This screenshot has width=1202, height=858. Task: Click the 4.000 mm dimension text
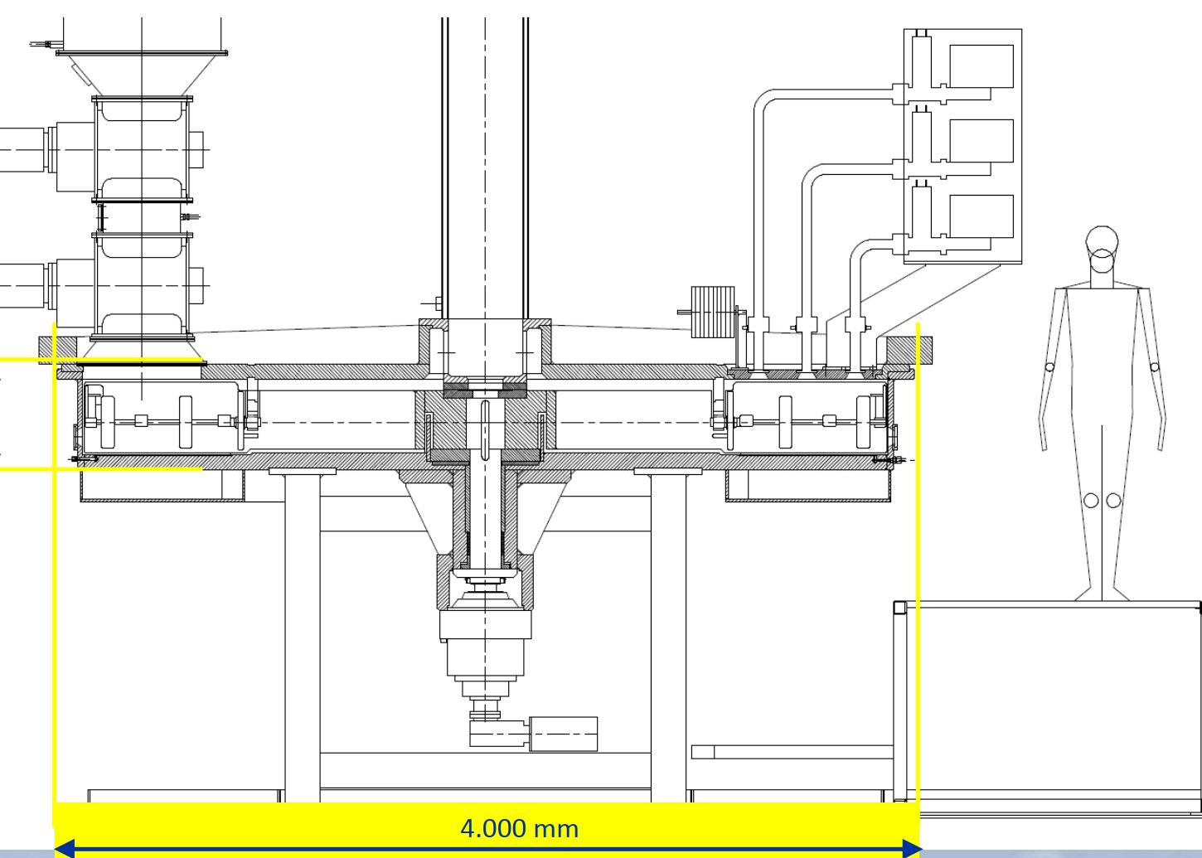tap(519, 828)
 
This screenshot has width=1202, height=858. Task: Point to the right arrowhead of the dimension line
tap(912, 848)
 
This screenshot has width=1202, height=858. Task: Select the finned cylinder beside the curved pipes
tap(713, 312)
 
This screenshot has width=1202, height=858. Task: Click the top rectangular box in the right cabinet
tap(981, 66)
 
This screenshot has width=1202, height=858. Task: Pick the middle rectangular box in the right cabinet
tap(981, 141)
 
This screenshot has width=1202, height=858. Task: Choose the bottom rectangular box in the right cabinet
tap(981, 216)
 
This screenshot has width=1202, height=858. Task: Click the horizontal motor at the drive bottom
tap(563, 734)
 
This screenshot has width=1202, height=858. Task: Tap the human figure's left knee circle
tap(1091, 500)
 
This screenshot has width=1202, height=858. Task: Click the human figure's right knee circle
tap(1113, 500)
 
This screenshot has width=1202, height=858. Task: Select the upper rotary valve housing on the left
tap(142, 149)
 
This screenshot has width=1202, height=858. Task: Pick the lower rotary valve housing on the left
tap(142, 285)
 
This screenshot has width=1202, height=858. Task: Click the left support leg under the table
tap(303, 638)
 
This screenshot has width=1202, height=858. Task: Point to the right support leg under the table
tap(668, 638)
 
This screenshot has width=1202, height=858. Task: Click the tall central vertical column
tap(485, 166)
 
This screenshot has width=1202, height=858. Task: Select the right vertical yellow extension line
tap(918, 564)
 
